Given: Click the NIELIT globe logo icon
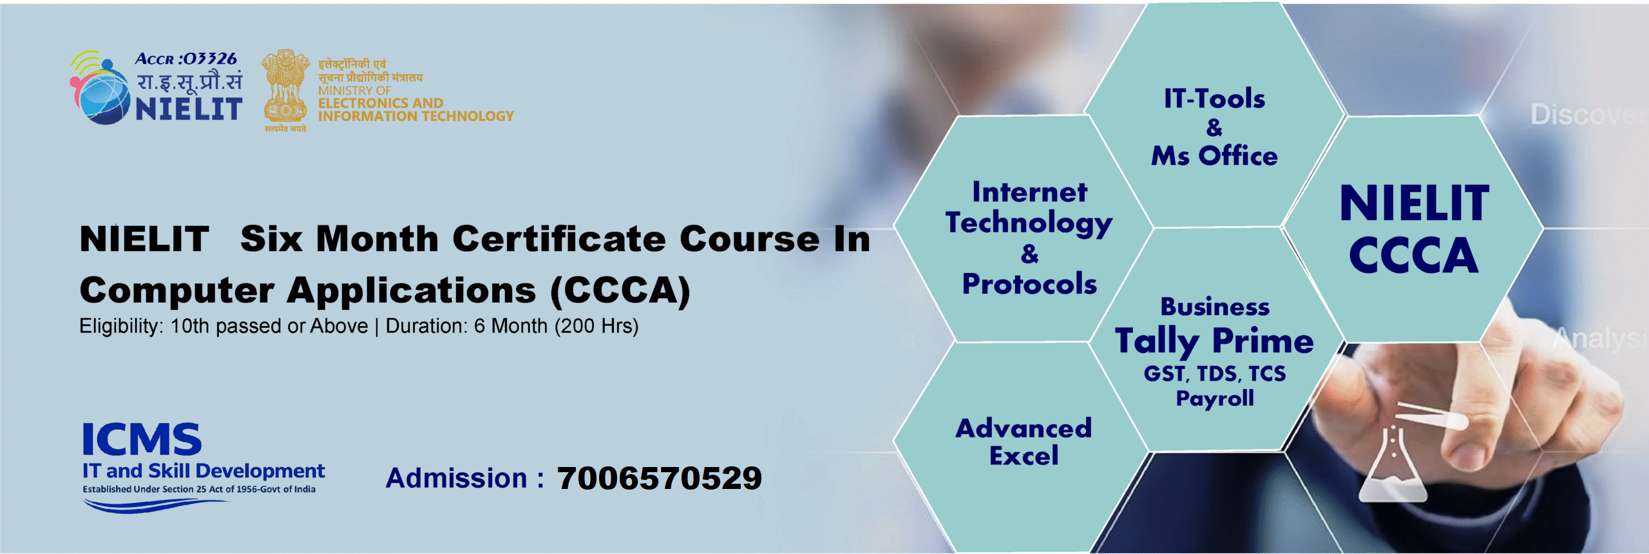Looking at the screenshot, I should coord(100,90).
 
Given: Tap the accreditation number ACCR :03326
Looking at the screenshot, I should coord(186,59).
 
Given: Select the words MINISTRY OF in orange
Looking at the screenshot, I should coord(354,91).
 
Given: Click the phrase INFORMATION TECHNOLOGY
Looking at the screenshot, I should coord(415,117).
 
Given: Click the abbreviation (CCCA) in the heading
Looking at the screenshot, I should coord(620,291).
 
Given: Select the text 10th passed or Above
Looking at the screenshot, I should coord(269,327).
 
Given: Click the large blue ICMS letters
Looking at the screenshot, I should coord(142,440).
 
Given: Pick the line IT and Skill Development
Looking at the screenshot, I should coord(203,471).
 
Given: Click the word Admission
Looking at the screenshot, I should coord(456,479).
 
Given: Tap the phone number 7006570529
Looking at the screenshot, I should coord(659,479).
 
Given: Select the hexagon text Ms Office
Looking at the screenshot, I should coord(1214,156).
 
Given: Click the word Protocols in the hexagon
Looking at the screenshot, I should coord(1029,284).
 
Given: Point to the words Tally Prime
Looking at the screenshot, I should coord(1214,341).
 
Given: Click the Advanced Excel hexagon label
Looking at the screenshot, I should coord(1024,442).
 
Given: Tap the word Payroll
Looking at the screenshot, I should coord(1215,399).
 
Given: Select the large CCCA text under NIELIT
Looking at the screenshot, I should coord(1413,256).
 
